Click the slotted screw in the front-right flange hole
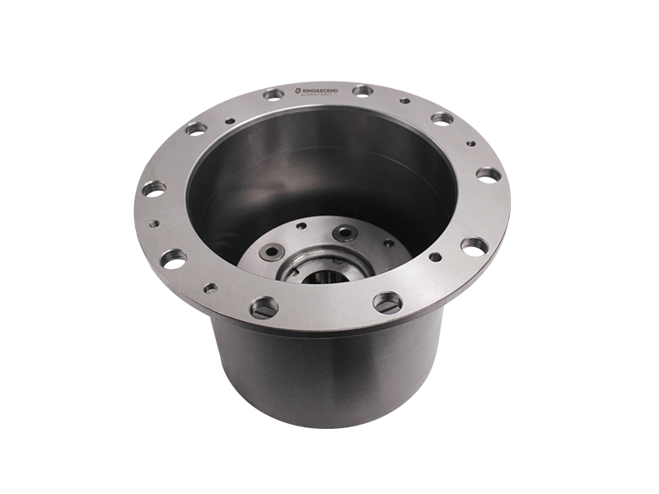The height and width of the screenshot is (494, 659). [x=387, y=301]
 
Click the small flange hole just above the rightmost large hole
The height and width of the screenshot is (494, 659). [x=470, y=143]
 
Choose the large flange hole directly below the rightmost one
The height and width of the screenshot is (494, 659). [x=471, y=245]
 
